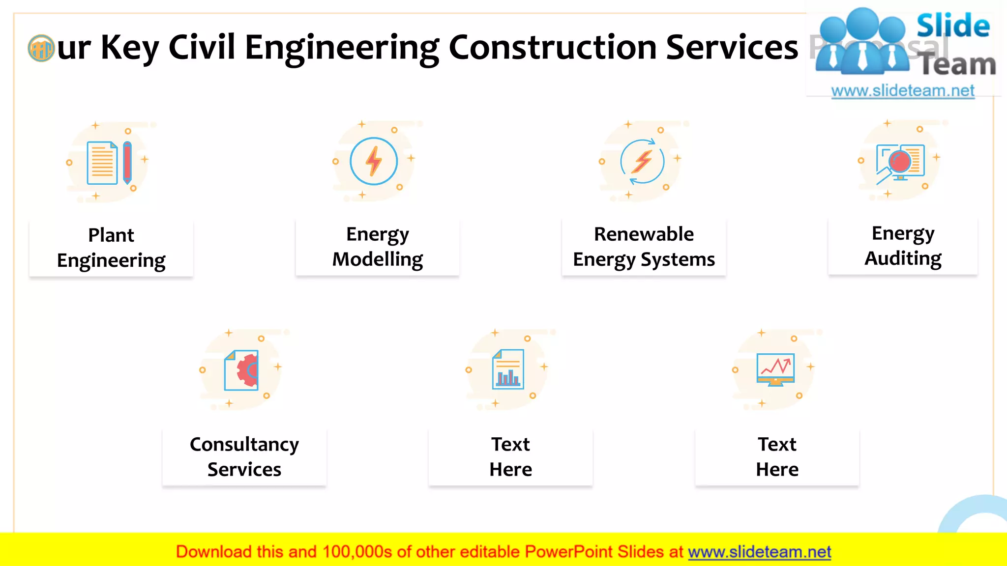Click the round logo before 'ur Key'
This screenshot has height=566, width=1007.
pos(41,48)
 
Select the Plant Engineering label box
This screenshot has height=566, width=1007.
pos(111,248)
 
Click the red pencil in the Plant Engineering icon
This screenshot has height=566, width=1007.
pos(127,162)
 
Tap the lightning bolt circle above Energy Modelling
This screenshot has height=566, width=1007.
pos(374,161)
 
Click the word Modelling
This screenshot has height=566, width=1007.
pos(378,259)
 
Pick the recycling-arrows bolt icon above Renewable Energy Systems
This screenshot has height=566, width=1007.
pos(642,161)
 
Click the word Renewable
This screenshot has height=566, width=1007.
pos(644,234)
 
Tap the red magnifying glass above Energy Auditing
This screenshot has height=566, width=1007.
pos(900,162)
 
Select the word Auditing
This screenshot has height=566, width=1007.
pos(903,258)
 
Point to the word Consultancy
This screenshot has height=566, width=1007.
pos(244,445)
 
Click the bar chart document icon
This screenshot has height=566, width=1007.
pos(508,369)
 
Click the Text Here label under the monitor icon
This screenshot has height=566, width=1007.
pos(777,457)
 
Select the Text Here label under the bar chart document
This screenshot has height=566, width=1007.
pos(510,457)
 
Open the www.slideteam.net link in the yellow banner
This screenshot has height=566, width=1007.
pos(759,552)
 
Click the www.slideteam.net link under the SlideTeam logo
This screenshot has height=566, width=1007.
pos(903,91)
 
